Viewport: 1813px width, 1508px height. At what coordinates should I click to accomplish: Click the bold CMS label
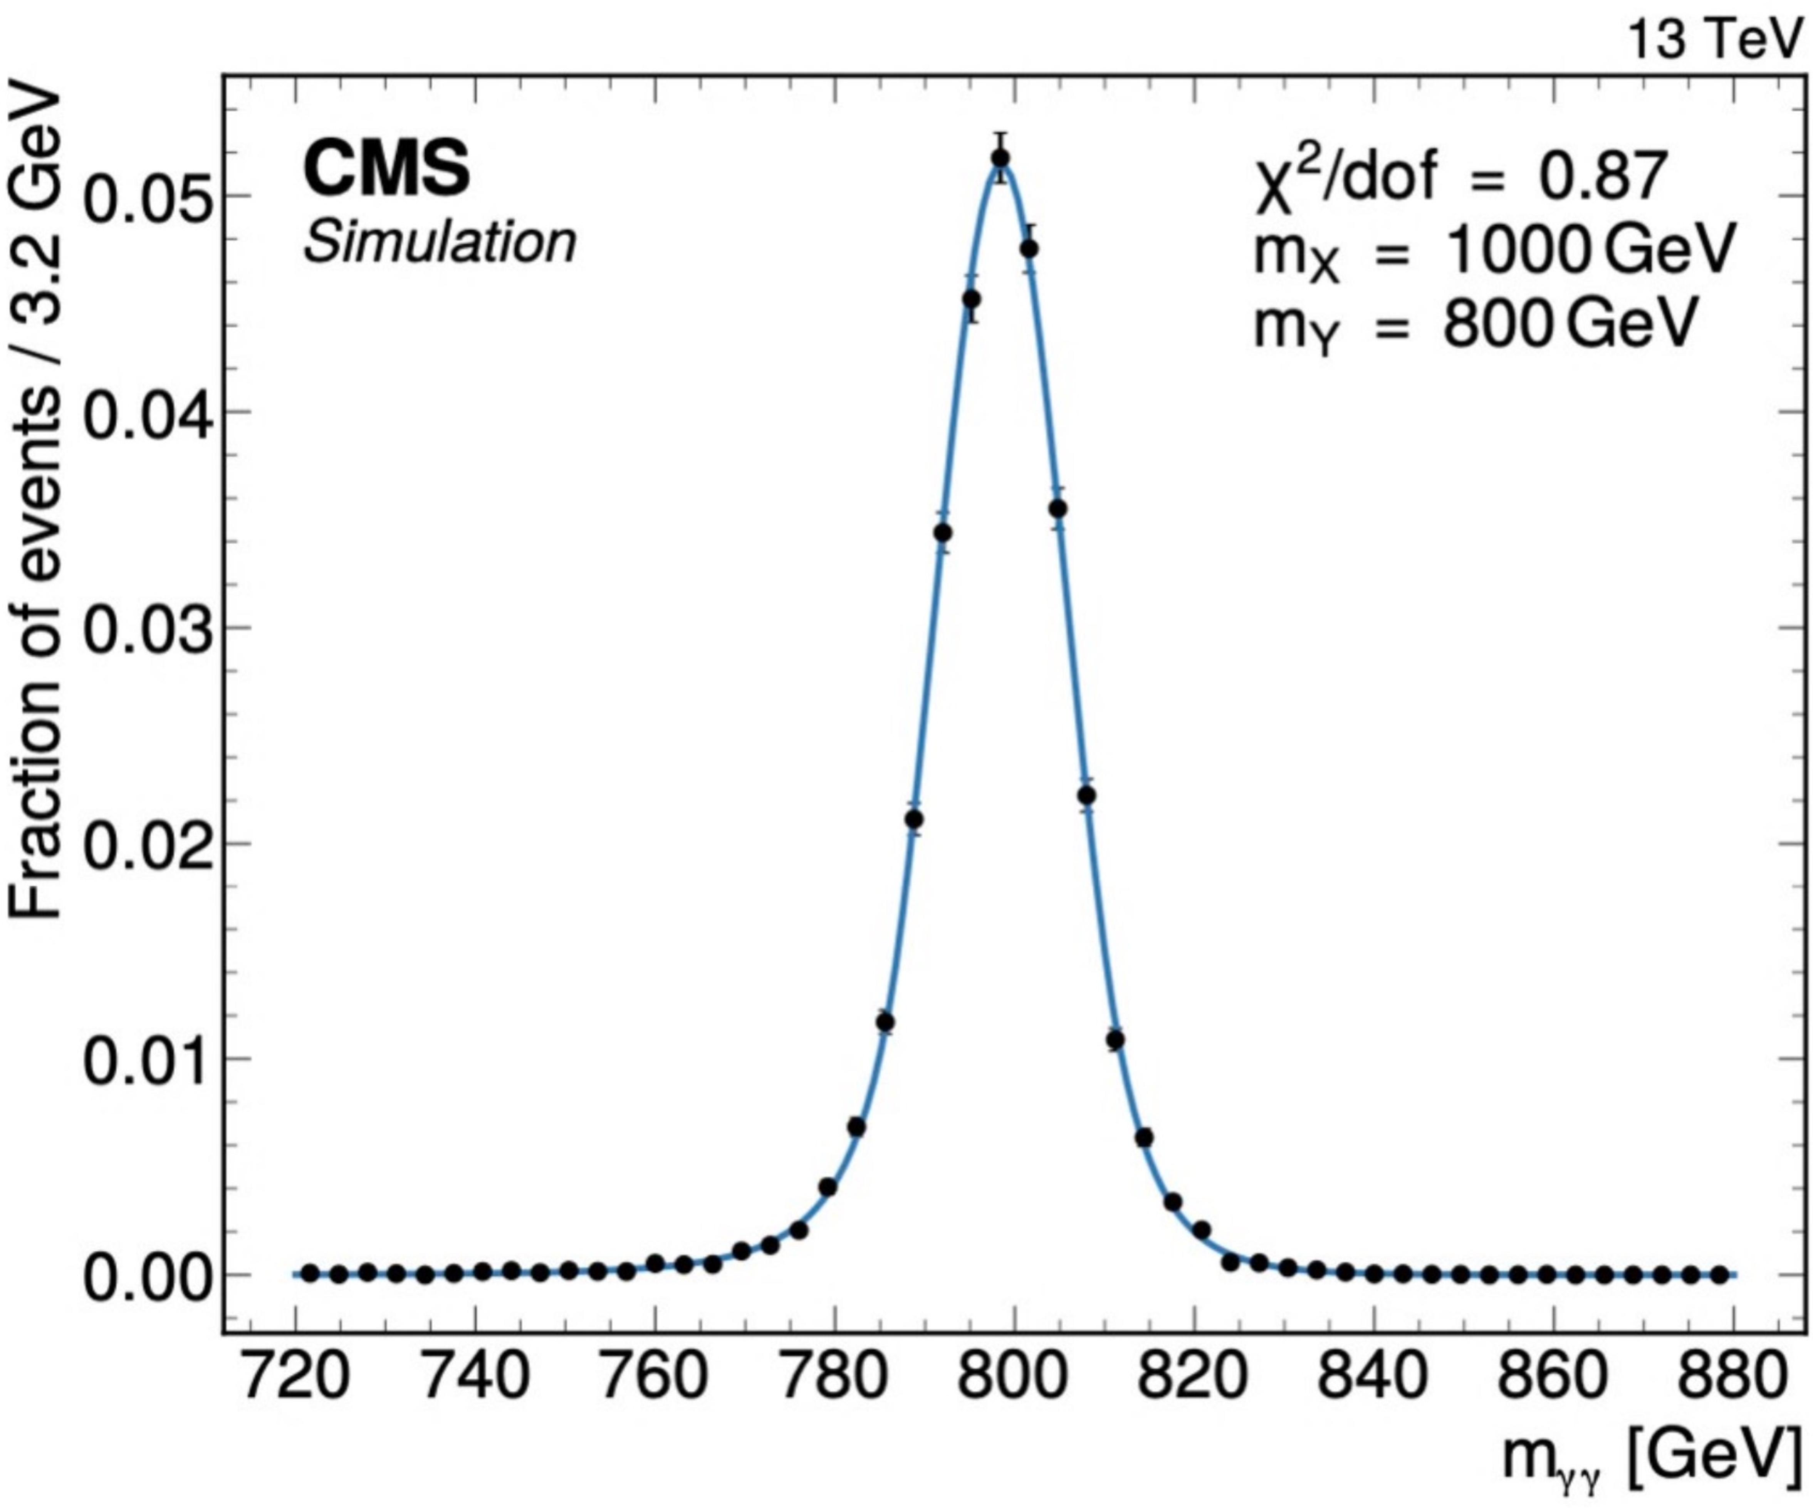[387, 170]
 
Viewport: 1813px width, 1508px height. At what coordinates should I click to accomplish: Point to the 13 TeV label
[1714, 39]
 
